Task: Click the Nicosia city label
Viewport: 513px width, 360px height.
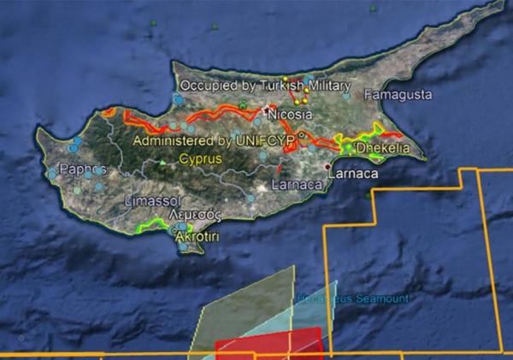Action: point(285,113)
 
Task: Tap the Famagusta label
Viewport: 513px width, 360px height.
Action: point(398,94)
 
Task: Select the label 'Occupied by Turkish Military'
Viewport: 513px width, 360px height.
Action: point(265,86)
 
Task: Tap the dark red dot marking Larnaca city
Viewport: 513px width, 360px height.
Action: point(329,166)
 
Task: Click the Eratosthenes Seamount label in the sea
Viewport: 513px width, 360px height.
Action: point(353,298)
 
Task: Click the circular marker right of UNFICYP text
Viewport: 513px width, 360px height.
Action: point(302,135)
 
